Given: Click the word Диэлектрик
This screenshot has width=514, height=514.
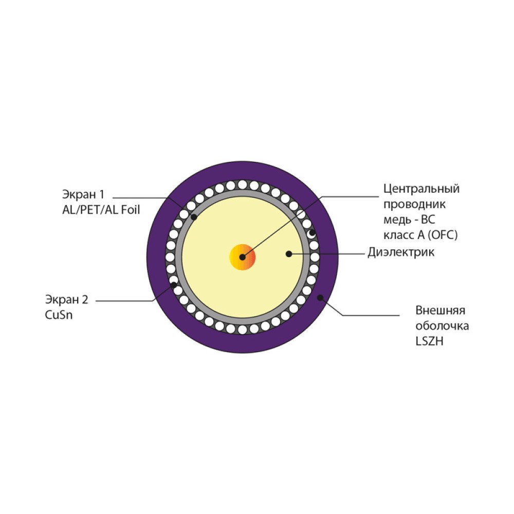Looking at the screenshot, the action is (x=401, y=252).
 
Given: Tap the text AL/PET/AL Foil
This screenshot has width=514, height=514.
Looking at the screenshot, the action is (x=101, y=210).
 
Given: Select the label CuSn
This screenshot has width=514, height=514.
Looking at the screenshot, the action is (x=59, y=315).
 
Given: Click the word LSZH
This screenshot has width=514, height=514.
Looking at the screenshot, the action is (x=429, y=341).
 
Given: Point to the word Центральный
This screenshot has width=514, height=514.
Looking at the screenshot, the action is (x=421, y=189).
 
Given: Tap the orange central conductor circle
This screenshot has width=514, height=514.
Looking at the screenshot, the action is (x=242, y=257).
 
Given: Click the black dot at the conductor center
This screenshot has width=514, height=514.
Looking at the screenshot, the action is (x=242, y=257).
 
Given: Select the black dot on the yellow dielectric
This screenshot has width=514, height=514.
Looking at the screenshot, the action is (x=289, y=254).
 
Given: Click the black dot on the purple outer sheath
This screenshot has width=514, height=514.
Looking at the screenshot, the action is (x=320, y=298).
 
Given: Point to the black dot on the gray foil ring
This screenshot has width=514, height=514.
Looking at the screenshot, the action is (x=194, y=217).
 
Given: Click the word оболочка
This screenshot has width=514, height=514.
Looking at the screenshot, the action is (x=442, y=326).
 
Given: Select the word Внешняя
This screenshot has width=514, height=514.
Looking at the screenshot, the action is (x=440, y=310).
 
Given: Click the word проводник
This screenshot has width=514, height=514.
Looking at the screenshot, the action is (x=415, y=205).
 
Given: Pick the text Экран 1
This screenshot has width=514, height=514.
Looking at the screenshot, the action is (x=83, y=194).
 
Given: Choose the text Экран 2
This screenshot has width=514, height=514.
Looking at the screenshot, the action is (x=66, y=299).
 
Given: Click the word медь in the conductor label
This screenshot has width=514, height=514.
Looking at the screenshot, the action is (x=397, y=219).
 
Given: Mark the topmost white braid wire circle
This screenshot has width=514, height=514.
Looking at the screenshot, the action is (x=242, y=185).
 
